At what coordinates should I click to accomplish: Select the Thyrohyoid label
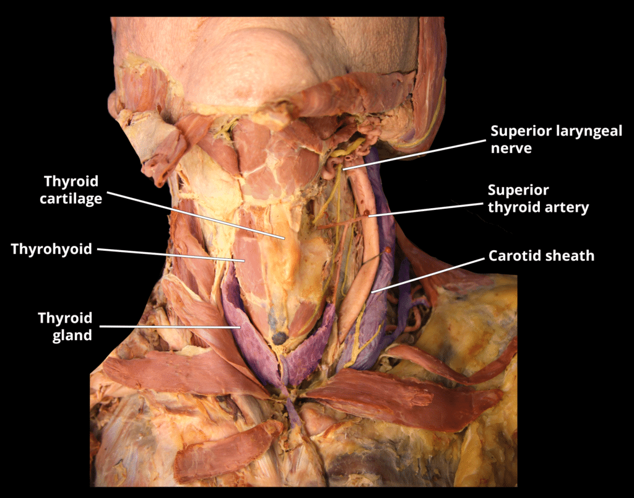click(51, 249)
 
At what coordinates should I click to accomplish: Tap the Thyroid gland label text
click(65, 326)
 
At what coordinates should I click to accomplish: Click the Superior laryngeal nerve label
click(556, 139)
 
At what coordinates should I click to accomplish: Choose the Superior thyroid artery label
click(538, 198)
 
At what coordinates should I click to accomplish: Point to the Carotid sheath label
click(541, 255)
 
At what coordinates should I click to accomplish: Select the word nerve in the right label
click(511, 148)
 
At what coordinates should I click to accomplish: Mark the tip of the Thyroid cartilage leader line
click(284, 238)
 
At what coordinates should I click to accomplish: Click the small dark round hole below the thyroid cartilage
click(280, 338)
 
